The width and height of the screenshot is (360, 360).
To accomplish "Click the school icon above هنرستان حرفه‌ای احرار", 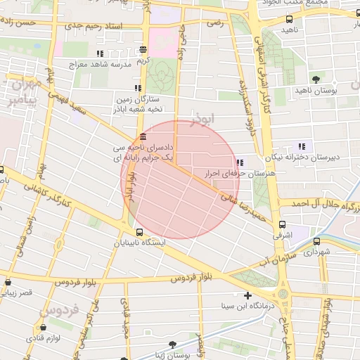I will point(240,162).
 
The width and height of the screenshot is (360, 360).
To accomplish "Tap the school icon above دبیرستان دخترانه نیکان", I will point(302,147).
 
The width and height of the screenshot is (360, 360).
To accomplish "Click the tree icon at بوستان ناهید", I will point(316,79).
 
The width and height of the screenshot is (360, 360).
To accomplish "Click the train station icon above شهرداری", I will point(318,241).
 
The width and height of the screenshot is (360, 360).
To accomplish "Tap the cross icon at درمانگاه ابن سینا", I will point(247,295).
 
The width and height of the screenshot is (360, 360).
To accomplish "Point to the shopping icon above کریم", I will point(143,50).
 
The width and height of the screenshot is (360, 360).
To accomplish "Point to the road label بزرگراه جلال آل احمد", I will point(323,204).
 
